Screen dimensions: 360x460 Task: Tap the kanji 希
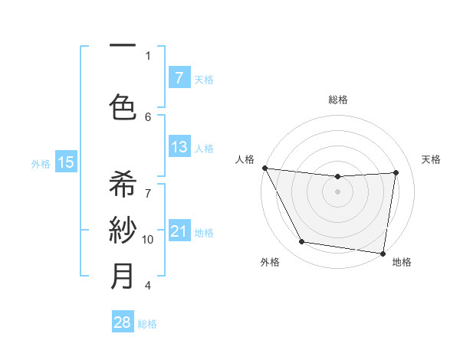(123, 184)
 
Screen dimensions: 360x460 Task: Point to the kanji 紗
(123, 230)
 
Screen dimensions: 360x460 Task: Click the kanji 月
(123, 277)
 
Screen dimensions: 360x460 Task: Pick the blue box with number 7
(179, 77)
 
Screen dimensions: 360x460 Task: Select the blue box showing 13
(179, 147)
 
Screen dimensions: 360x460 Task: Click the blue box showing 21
(179, 231)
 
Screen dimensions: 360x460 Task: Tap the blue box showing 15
(66, 162)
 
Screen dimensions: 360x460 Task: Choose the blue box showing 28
(123, 322)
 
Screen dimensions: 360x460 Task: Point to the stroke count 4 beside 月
(148, 286)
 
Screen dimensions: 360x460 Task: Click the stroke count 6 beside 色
(148, 116)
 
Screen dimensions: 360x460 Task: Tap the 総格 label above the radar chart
(337, 100)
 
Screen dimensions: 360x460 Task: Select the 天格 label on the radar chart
(431, 159)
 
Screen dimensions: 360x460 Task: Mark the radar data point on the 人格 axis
(264, 168)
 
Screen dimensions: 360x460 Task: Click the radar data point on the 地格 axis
(383, 253)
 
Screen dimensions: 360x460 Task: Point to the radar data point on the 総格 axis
(337, 177)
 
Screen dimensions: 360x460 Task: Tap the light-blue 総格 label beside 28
(147, 324)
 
